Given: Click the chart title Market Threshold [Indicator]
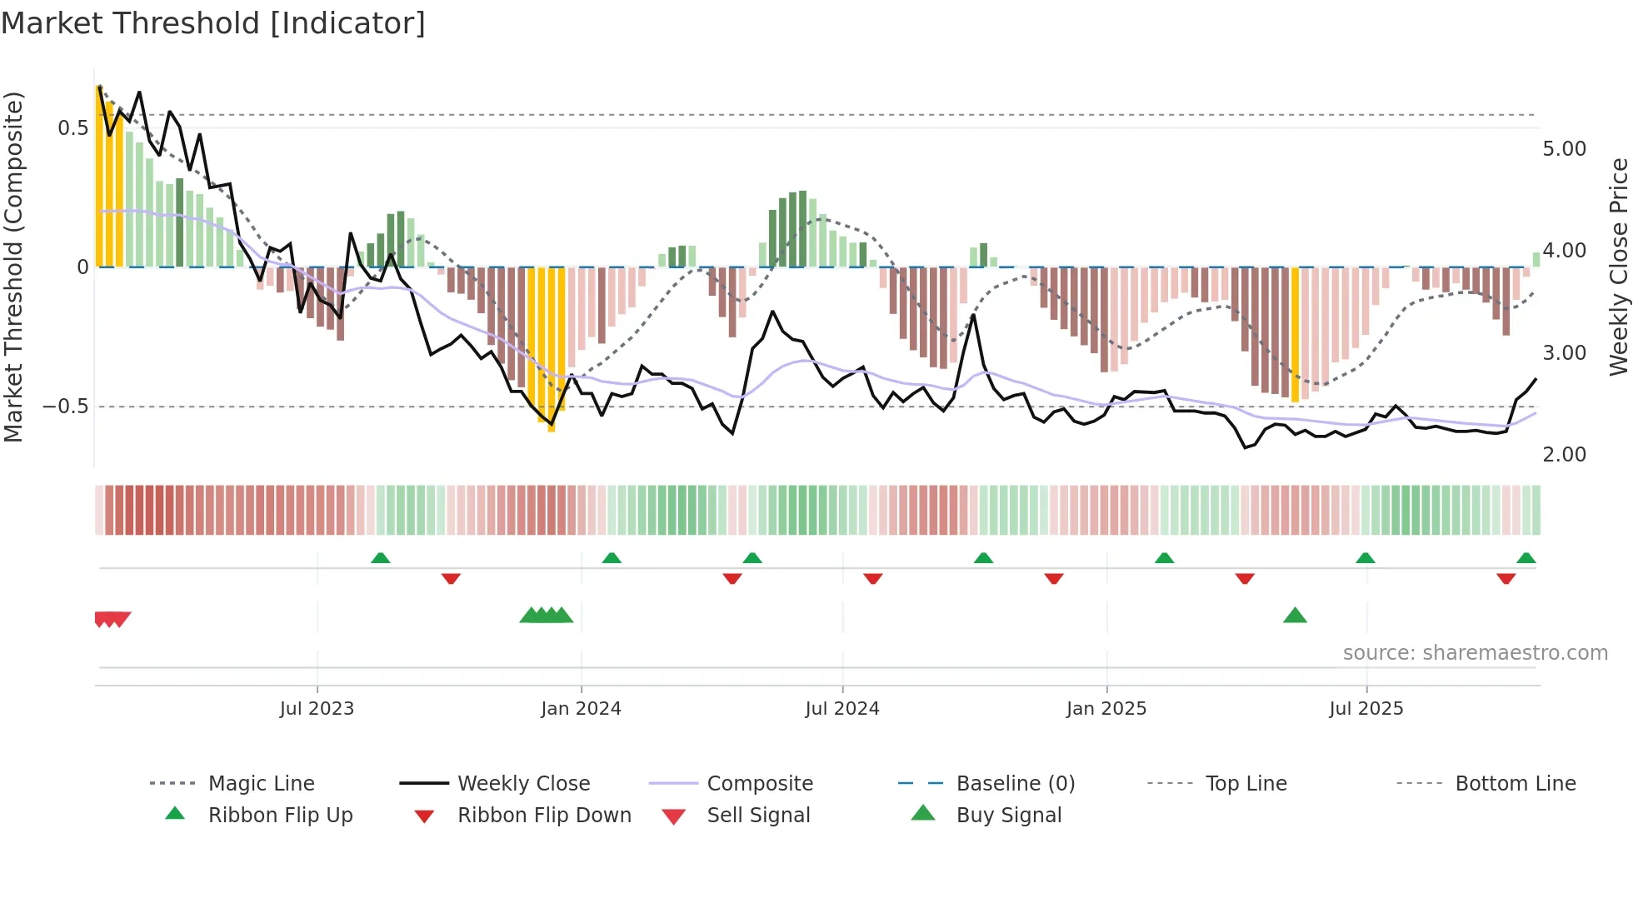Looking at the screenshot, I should click(213, 23).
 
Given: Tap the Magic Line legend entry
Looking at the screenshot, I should click(261, 784).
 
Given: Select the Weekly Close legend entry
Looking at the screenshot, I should click(523, 784).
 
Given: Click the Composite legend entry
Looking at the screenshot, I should click(759, 784).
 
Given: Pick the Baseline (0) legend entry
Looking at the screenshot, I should click(1015, 784).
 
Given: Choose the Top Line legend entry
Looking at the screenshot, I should click(1246, 784).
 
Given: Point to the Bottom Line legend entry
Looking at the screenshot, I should click(1515, 784).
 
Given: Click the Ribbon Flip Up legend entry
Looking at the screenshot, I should click(280, 816).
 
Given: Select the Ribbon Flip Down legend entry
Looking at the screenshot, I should click(544, 816).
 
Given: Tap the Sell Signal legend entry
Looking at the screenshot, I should click(757, 816).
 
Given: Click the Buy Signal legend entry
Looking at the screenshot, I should click(1008, 816).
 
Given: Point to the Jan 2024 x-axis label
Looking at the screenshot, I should click(581, 709).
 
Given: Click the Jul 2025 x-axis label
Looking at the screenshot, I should click(1366, 709).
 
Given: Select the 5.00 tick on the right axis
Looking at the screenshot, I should click(1564, 149).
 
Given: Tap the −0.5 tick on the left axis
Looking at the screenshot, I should click(66, 407).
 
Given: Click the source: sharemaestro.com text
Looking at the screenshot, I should click(1475, 653).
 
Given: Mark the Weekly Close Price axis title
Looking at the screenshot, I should click(1618, 267).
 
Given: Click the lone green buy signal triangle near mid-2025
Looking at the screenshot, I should click(1295, 616).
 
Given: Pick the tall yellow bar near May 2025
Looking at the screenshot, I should click(1295, 333).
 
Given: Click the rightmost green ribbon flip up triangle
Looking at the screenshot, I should click(1526, 558).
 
